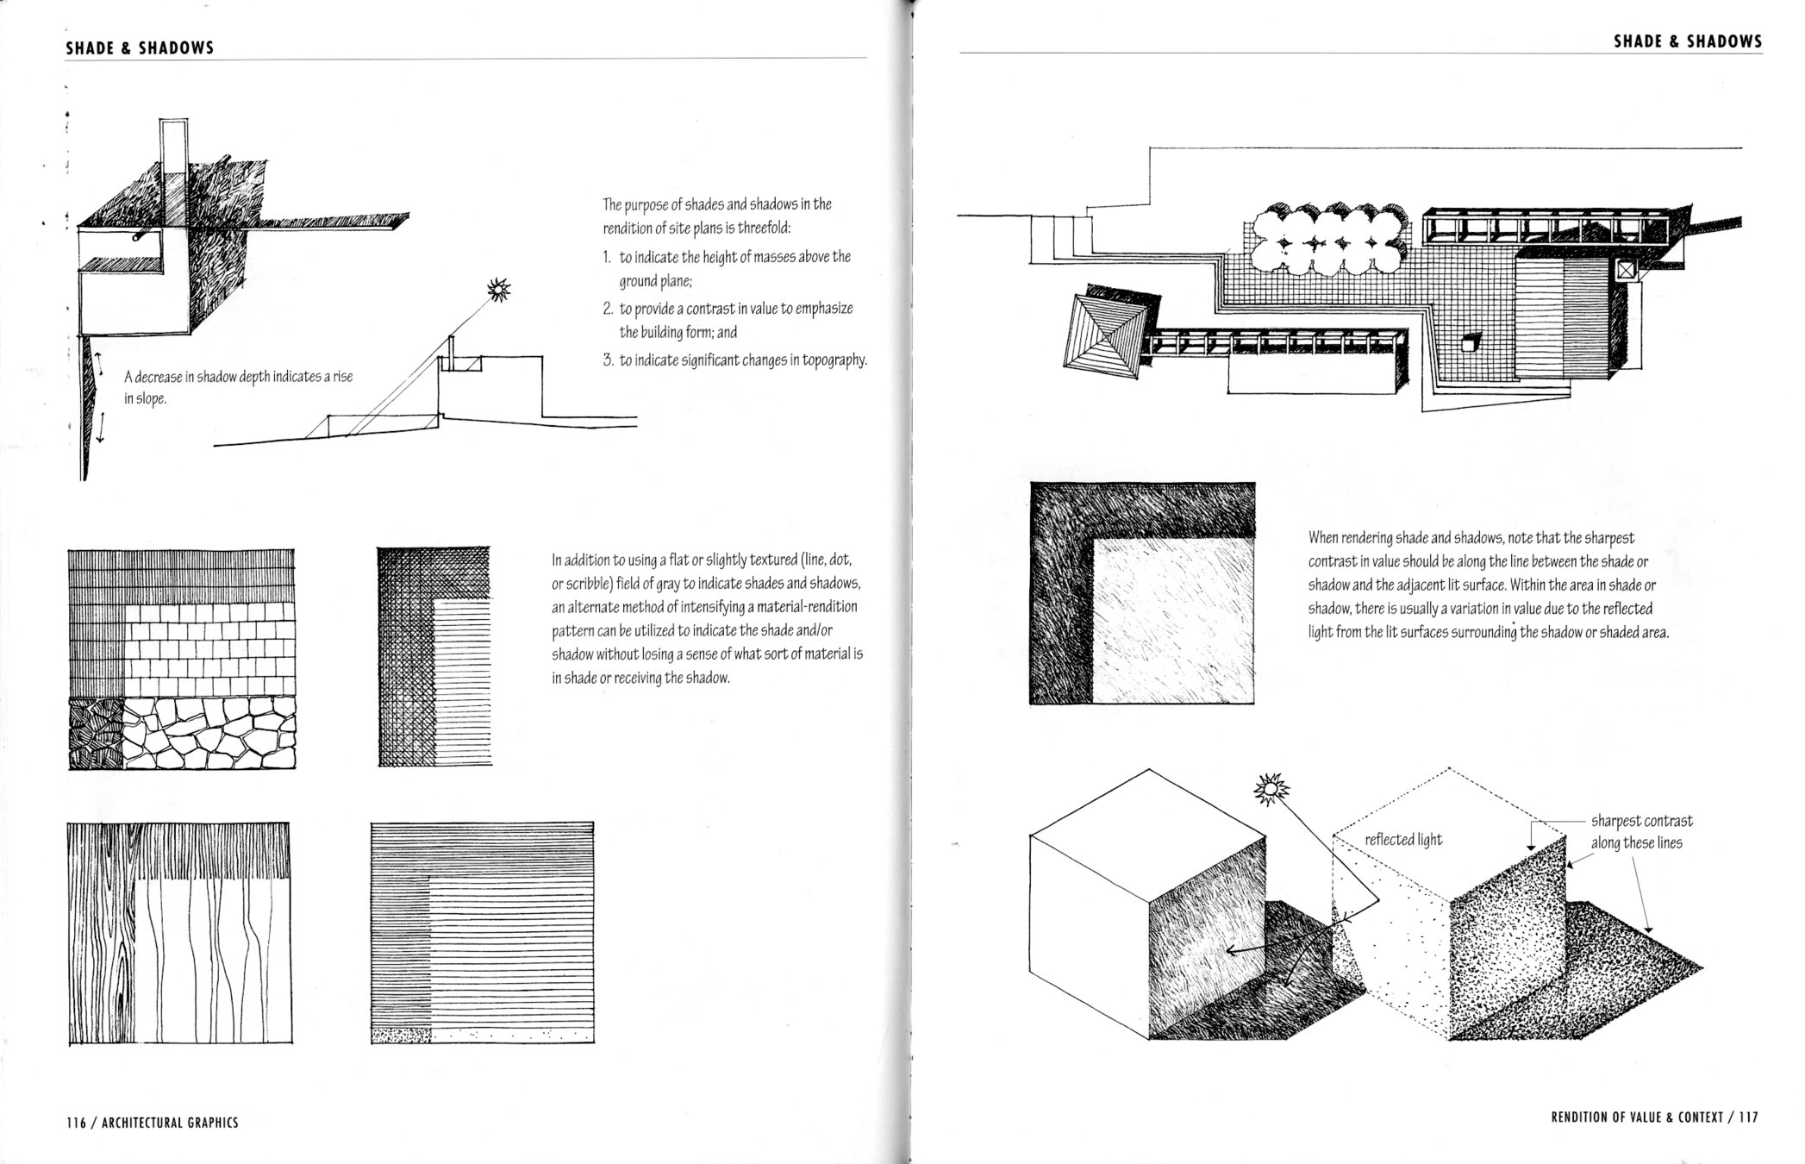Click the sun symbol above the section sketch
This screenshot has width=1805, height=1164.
tap(499, 291)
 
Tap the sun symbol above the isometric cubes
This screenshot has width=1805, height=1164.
tap(1270, 788)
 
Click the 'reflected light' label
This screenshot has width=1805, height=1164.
tap(1403, 839)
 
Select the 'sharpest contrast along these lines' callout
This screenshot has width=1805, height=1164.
tap(1640, 832)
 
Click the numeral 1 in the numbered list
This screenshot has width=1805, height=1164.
tap(607, 258)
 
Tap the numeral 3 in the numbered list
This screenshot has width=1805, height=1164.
tap(608, 360)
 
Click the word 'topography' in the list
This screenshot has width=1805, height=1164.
tap(834, 360)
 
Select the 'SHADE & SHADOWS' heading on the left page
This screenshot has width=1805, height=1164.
tap(140, 48)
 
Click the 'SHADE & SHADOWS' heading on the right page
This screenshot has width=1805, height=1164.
tap(1688, 41)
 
